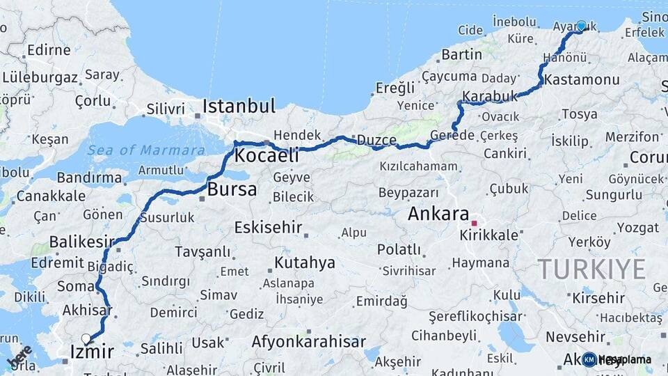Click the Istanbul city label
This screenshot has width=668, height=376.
239,107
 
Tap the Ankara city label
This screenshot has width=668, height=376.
438,214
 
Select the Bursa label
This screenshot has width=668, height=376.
232,189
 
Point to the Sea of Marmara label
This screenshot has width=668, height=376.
146,150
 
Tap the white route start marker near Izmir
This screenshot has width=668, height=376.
86,339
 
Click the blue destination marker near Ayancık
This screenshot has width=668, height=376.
581,26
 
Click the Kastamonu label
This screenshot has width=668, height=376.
582,80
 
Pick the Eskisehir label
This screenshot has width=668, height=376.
268,228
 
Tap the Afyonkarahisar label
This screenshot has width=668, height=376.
308,342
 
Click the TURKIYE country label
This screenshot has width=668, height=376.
591,269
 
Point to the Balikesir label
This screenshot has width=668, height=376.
81,242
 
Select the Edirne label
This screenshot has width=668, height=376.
49,51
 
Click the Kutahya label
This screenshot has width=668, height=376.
305,263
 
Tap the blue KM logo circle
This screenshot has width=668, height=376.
589,360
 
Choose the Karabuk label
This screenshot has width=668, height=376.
490,96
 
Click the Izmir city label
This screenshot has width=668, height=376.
92,352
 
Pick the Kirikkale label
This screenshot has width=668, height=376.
488,235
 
